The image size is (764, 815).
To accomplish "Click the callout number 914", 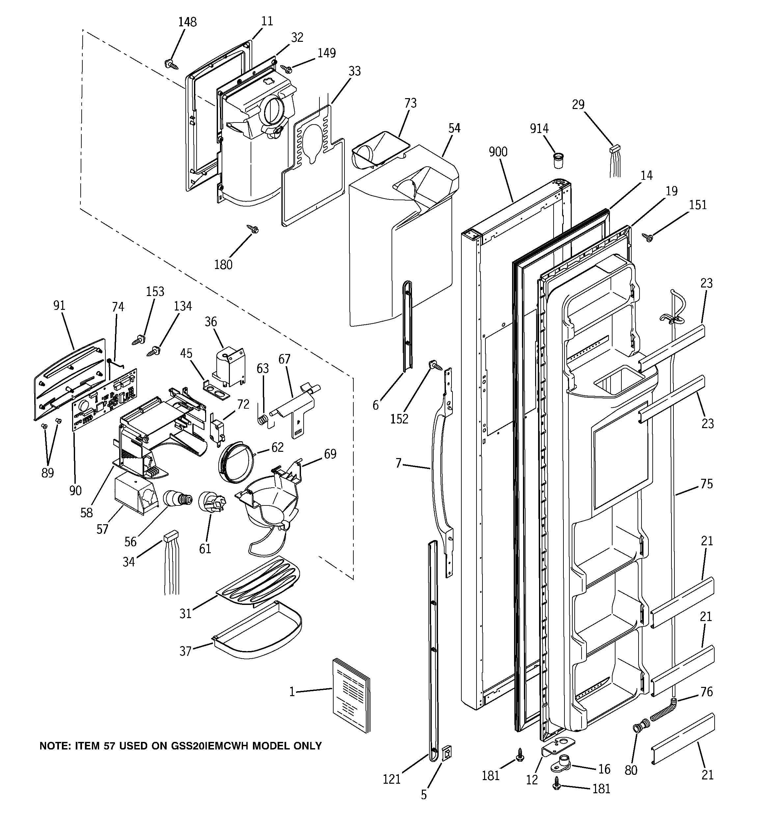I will click(539, 129).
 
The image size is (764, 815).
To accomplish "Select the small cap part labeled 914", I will click(558, 160).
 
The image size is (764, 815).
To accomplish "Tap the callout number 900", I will click(498, 152).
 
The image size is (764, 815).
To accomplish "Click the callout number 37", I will click(186, 651).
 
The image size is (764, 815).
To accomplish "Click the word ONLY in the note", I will click(304, 746).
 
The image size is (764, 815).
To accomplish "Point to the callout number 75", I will click(707, 484).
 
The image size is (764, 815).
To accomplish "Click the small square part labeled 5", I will click(448, 753).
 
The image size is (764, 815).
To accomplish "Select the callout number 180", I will click(223, 265).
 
